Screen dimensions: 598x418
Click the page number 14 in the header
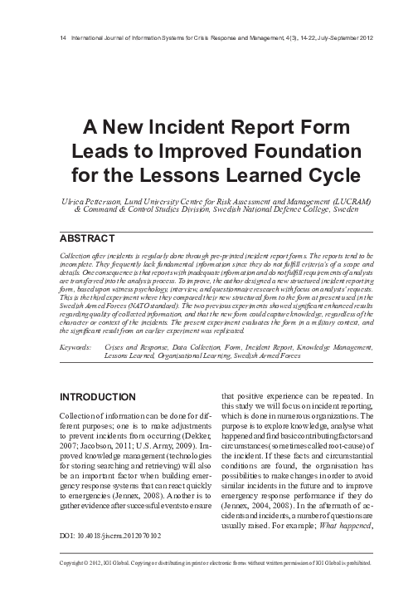pyautogui.click(x=54, y=38)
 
